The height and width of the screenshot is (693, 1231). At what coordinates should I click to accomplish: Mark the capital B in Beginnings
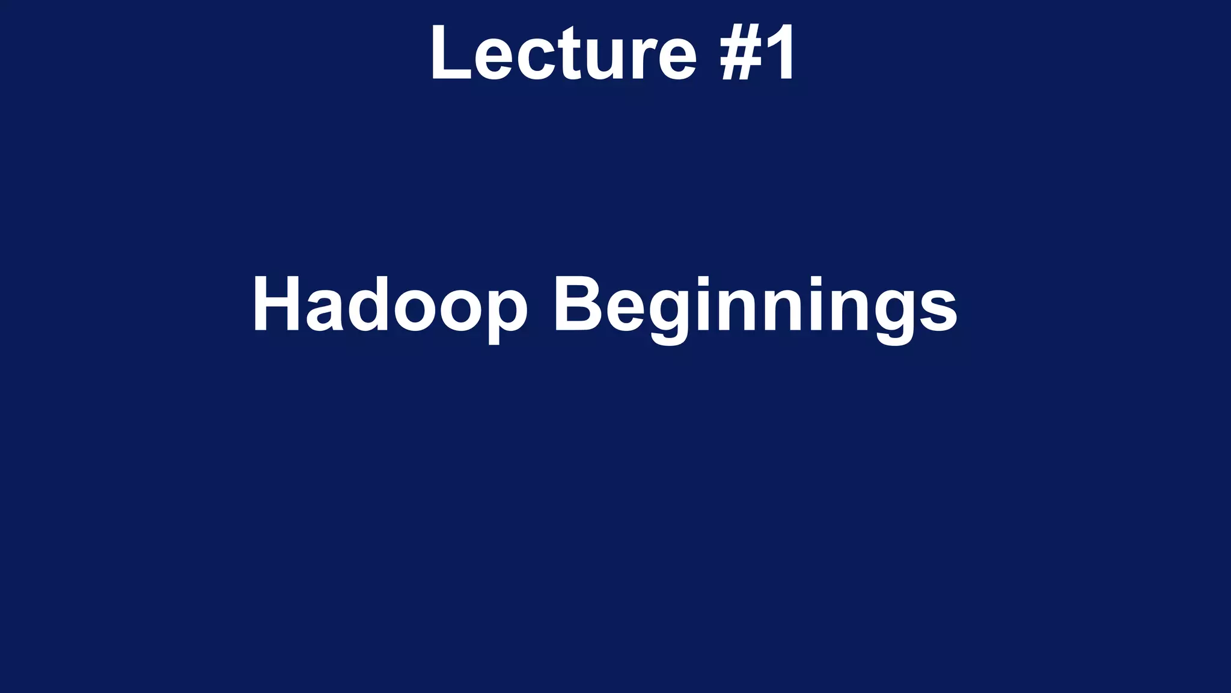(576, 304)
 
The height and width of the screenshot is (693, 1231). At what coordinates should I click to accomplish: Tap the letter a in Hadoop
(324, 310)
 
